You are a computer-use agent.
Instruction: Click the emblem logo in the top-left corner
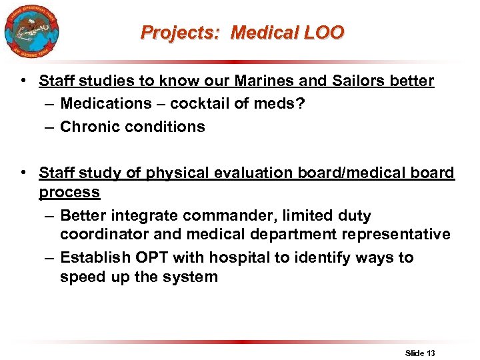coord(31,31)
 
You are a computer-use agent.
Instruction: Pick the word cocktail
coord(200,104)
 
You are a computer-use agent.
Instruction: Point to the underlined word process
coord(69,193)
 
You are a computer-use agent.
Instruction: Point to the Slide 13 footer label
coord(420,353)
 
